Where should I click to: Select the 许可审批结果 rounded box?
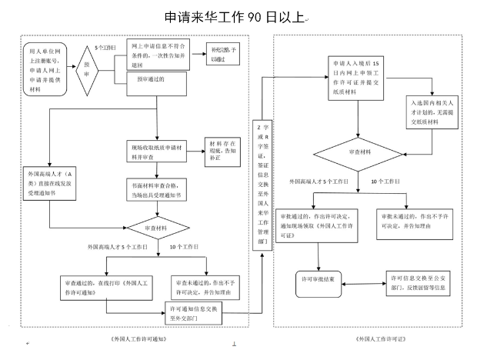click(x=322, y=280)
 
